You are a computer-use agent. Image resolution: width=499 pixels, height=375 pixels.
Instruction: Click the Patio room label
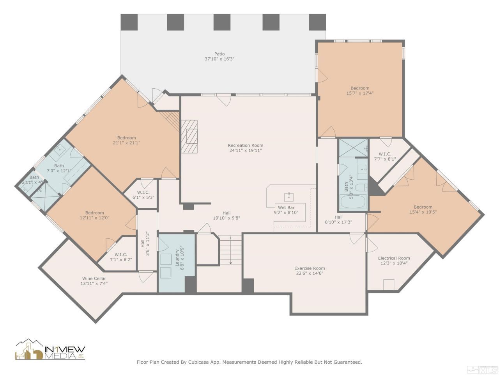pos(219,56)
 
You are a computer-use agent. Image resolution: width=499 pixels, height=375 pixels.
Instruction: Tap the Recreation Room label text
pos(245,148)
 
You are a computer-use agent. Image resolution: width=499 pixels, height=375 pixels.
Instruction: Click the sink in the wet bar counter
pos(289,196)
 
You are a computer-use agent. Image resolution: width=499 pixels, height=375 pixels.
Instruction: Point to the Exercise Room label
pos(309,271)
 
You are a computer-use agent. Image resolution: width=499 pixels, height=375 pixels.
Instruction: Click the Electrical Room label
pos(394,261)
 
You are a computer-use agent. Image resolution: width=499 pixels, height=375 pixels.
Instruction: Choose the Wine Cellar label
pos(94,281)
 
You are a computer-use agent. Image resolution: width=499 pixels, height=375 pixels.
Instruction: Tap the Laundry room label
pos(179,259)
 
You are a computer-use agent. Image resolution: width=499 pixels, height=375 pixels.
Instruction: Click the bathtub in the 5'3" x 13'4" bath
pos(353,202)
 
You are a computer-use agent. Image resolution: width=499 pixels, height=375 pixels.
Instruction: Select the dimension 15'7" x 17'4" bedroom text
pos(359,93)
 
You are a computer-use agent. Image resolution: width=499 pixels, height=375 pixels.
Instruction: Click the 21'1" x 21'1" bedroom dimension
pos(126,143)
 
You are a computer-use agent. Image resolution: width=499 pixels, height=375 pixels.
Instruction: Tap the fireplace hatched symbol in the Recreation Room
pos(189,137)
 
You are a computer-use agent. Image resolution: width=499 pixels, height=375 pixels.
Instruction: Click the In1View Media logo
pos(50,350)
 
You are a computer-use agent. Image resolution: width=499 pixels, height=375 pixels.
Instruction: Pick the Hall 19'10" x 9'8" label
pos(226,216)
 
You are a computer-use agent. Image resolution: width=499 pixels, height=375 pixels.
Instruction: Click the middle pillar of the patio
pos(222,22)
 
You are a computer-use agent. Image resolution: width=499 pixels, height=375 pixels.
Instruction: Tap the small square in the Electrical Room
pos(388,285)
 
